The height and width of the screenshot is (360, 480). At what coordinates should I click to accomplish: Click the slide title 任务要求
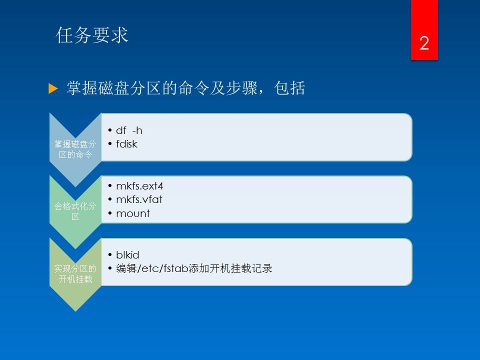(x=92, y=35)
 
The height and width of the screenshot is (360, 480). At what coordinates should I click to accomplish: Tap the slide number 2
(x=424, y=43)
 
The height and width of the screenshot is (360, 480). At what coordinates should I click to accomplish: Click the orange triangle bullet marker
(x=53, y=88)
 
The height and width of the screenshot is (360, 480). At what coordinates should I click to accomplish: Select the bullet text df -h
(x=129, y=130)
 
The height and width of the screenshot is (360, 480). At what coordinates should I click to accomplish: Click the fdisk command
(x=126, y=144)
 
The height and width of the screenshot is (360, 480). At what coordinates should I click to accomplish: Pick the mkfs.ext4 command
(x=139, y=186)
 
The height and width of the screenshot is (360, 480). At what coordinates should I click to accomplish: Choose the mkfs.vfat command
(x=139, y=199)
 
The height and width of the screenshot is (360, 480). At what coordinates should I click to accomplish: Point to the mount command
(x=133, y=213)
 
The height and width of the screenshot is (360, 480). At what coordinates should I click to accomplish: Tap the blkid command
(x=127, y=254)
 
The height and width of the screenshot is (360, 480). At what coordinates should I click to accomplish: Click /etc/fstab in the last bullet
(x=163, y=268)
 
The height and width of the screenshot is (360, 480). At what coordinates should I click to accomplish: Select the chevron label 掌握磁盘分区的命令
(x=75, y=149)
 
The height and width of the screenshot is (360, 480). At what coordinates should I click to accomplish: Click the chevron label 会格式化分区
(x=75, y=211)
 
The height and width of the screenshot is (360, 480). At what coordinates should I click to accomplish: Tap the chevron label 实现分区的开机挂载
(x=75, y=273)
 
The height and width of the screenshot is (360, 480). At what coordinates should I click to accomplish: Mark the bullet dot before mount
(x=110, y=213)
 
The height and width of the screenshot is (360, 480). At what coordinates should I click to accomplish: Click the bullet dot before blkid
(x=110, y=254)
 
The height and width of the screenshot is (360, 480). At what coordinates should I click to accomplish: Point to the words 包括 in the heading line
(x=289, y=88)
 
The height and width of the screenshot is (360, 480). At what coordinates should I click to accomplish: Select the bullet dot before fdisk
(x=110, y=143)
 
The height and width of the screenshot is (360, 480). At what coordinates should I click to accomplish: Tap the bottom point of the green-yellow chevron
(x=75, y=311)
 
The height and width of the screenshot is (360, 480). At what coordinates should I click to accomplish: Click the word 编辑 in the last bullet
(x=126, y=268)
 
